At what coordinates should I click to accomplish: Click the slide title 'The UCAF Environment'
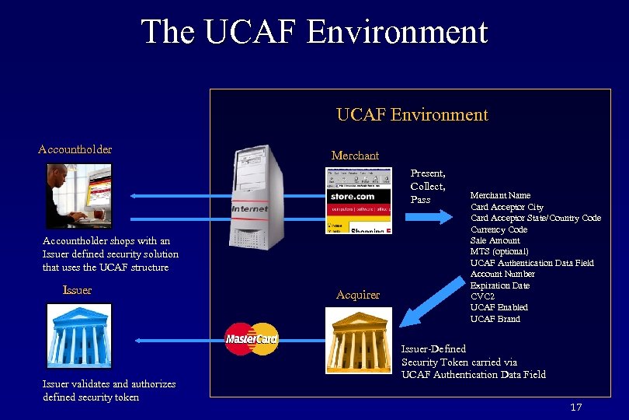point(314,32)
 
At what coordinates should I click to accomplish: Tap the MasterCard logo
point(251,338)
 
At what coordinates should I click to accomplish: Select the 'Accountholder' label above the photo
point(75,149)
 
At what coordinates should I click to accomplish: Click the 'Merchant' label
point(355,156)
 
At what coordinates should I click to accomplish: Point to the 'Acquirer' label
point(358,295)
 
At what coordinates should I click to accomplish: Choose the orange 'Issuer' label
point(77,290)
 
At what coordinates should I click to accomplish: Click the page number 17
point(575,408)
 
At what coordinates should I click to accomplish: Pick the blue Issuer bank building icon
point(78,335)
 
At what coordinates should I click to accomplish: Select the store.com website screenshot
point(358,201)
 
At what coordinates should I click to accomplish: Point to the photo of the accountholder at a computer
point(78,195)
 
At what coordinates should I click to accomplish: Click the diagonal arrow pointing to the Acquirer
point(432,303)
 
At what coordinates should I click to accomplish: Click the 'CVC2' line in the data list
point(482,296)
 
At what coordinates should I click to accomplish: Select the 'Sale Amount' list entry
point(495,240)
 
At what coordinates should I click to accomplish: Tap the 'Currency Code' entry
point(499,229)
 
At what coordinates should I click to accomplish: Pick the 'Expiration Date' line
point(500,285)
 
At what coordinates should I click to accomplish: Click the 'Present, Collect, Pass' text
point(428,187)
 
